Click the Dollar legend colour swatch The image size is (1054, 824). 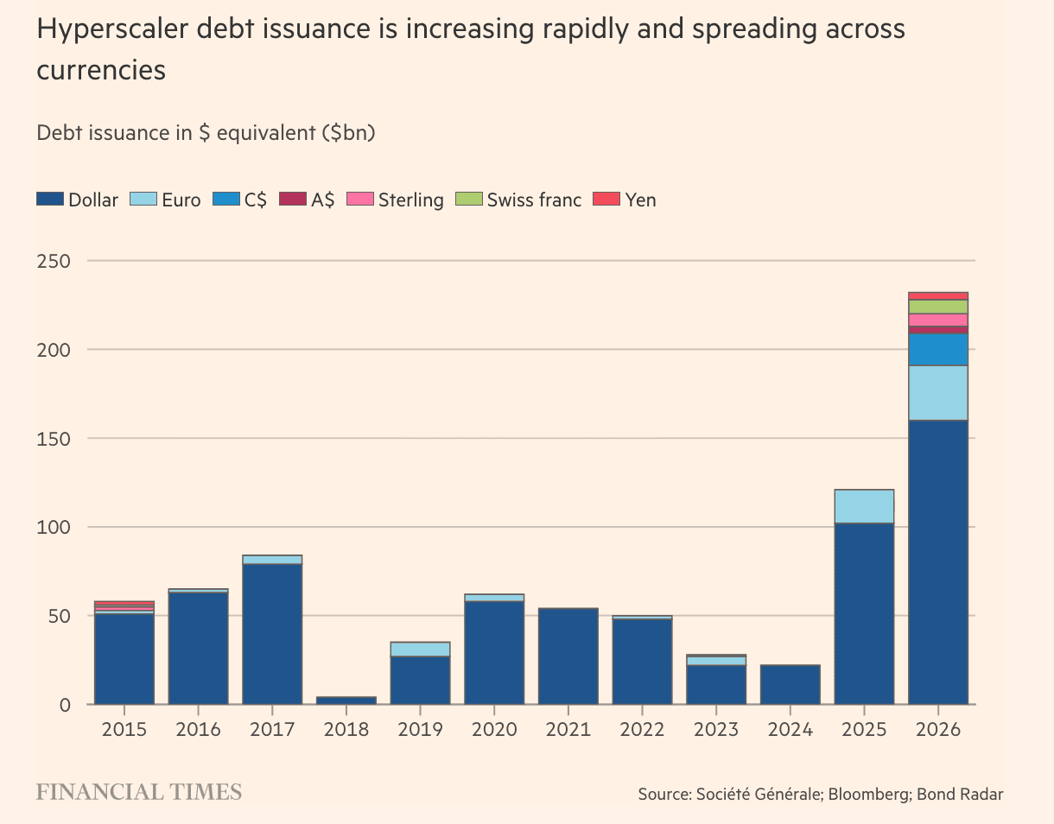click(50, 200)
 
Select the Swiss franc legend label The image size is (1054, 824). click(534, 200)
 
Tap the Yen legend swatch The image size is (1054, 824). click(606, 200)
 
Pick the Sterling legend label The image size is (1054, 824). click(411, 200)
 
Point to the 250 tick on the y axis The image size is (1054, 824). click(54, 261)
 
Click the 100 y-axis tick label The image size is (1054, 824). click(54, 528)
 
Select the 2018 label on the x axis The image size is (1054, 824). click(346, 730)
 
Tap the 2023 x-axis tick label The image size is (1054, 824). click(716, 730)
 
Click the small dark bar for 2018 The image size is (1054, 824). click(346, 700)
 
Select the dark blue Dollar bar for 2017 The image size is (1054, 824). click(272, 634)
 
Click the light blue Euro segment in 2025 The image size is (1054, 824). click(864, 506)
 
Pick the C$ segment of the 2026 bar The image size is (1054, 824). click(938, 350)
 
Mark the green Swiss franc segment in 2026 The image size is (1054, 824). click(938, 307)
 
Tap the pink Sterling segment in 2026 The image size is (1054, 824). click(938, 320)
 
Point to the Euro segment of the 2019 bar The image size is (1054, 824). click(420, 650)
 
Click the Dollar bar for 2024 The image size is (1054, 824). click(790, 684)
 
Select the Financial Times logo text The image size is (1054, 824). click(139, 792)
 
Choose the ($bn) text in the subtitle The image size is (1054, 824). click(349, 133)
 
